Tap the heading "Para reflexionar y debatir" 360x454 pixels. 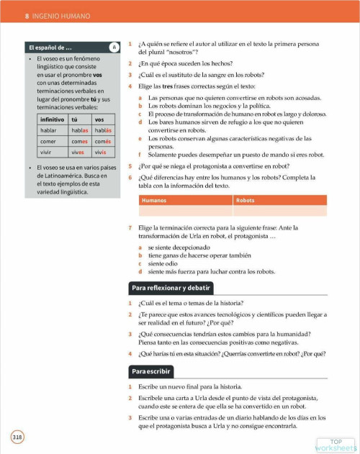[171, 289]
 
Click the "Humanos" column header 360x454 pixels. [153, 200]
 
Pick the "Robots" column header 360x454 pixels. [246, 200]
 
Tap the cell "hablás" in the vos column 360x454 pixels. [103, 130]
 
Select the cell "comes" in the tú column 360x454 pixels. [79, 142]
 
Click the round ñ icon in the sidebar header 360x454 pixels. [114, 47]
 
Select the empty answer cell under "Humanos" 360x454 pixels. [185, 212]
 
